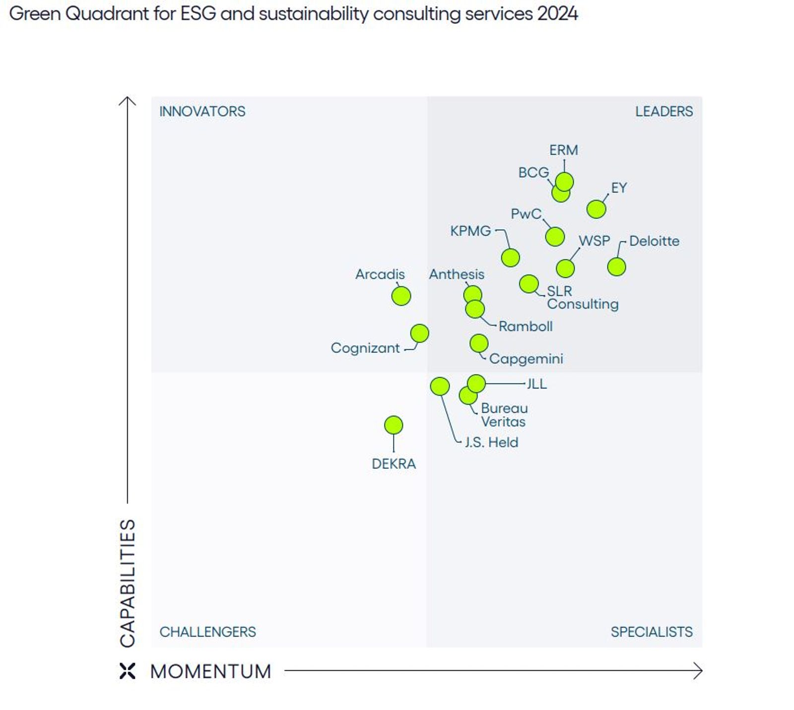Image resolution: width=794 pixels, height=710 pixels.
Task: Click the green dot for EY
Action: pos(595,209)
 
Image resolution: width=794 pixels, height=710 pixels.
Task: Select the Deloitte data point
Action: pos(616,266)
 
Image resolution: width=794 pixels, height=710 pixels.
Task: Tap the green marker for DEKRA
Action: pos(393,425)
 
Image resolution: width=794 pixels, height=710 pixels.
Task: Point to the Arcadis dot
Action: pos(400,296)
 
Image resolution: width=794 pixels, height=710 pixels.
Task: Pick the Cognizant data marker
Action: pos(419,333)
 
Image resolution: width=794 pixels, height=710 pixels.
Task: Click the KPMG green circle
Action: pos(510,257)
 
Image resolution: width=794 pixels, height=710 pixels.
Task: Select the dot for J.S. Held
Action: pos(439,386)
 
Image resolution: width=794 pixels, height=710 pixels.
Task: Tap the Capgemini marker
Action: pos(478,342)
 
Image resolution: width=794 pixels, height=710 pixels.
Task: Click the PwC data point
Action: pos(554,236)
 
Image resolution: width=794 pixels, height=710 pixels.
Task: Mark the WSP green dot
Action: pos(565,268)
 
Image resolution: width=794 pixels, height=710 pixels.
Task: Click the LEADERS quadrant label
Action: pos(663,111)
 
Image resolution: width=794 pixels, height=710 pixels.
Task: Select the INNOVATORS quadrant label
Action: pos(202,111)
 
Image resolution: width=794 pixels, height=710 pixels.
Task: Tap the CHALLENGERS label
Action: pos(207,631)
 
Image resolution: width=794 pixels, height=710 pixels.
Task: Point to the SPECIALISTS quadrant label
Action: pos(651,631)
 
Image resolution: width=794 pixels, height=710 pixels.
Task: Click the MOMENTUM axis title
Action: pos(210,671)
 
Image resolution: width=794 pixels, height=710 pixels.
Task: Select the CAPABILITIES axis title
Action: pos(128,582)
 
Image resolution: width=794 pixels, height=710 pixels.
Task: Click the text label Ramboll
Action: pos(525,326)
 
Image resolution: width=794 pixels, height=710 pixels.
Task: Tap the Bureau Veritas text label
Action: pos(503,414)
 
